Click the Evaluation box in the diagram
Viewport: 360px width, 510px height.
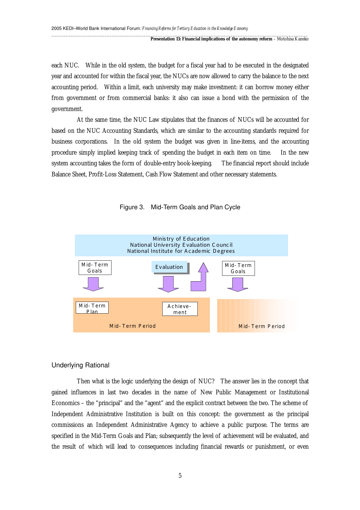click(169, 267)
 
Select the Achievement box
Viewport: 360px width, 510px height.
click(180, 309)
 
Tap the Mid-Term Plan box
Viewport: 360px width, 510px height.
click(92, 308)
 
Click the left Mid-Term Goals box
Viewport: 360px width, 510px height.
click(95, 268)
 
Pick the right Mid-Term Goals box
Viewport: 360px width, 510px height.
click(238, 268)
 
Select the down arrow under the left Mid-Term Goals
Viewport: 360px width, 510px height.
click(93, 284)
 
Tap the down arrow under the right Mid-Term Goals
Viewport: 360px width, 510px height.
click(238, 284)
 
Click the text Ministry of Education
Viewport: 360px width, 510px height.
click(181, 239)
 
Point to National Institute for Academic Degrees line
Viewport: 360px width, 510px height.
click(181, 251)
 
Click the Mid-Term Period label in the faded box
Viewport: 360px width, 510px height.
click(262, 326)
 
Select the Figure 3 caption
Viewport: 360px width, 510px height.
click(180, 207)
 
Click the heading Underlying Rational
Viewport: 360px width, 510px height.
click(80, 365)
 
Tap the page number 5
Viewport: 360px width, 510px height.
click(180, 476)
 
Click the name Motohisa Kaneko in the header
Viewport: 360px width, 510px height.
click(293, 39)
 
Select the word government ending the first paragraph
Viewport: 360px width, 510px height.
click(67, 109)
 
